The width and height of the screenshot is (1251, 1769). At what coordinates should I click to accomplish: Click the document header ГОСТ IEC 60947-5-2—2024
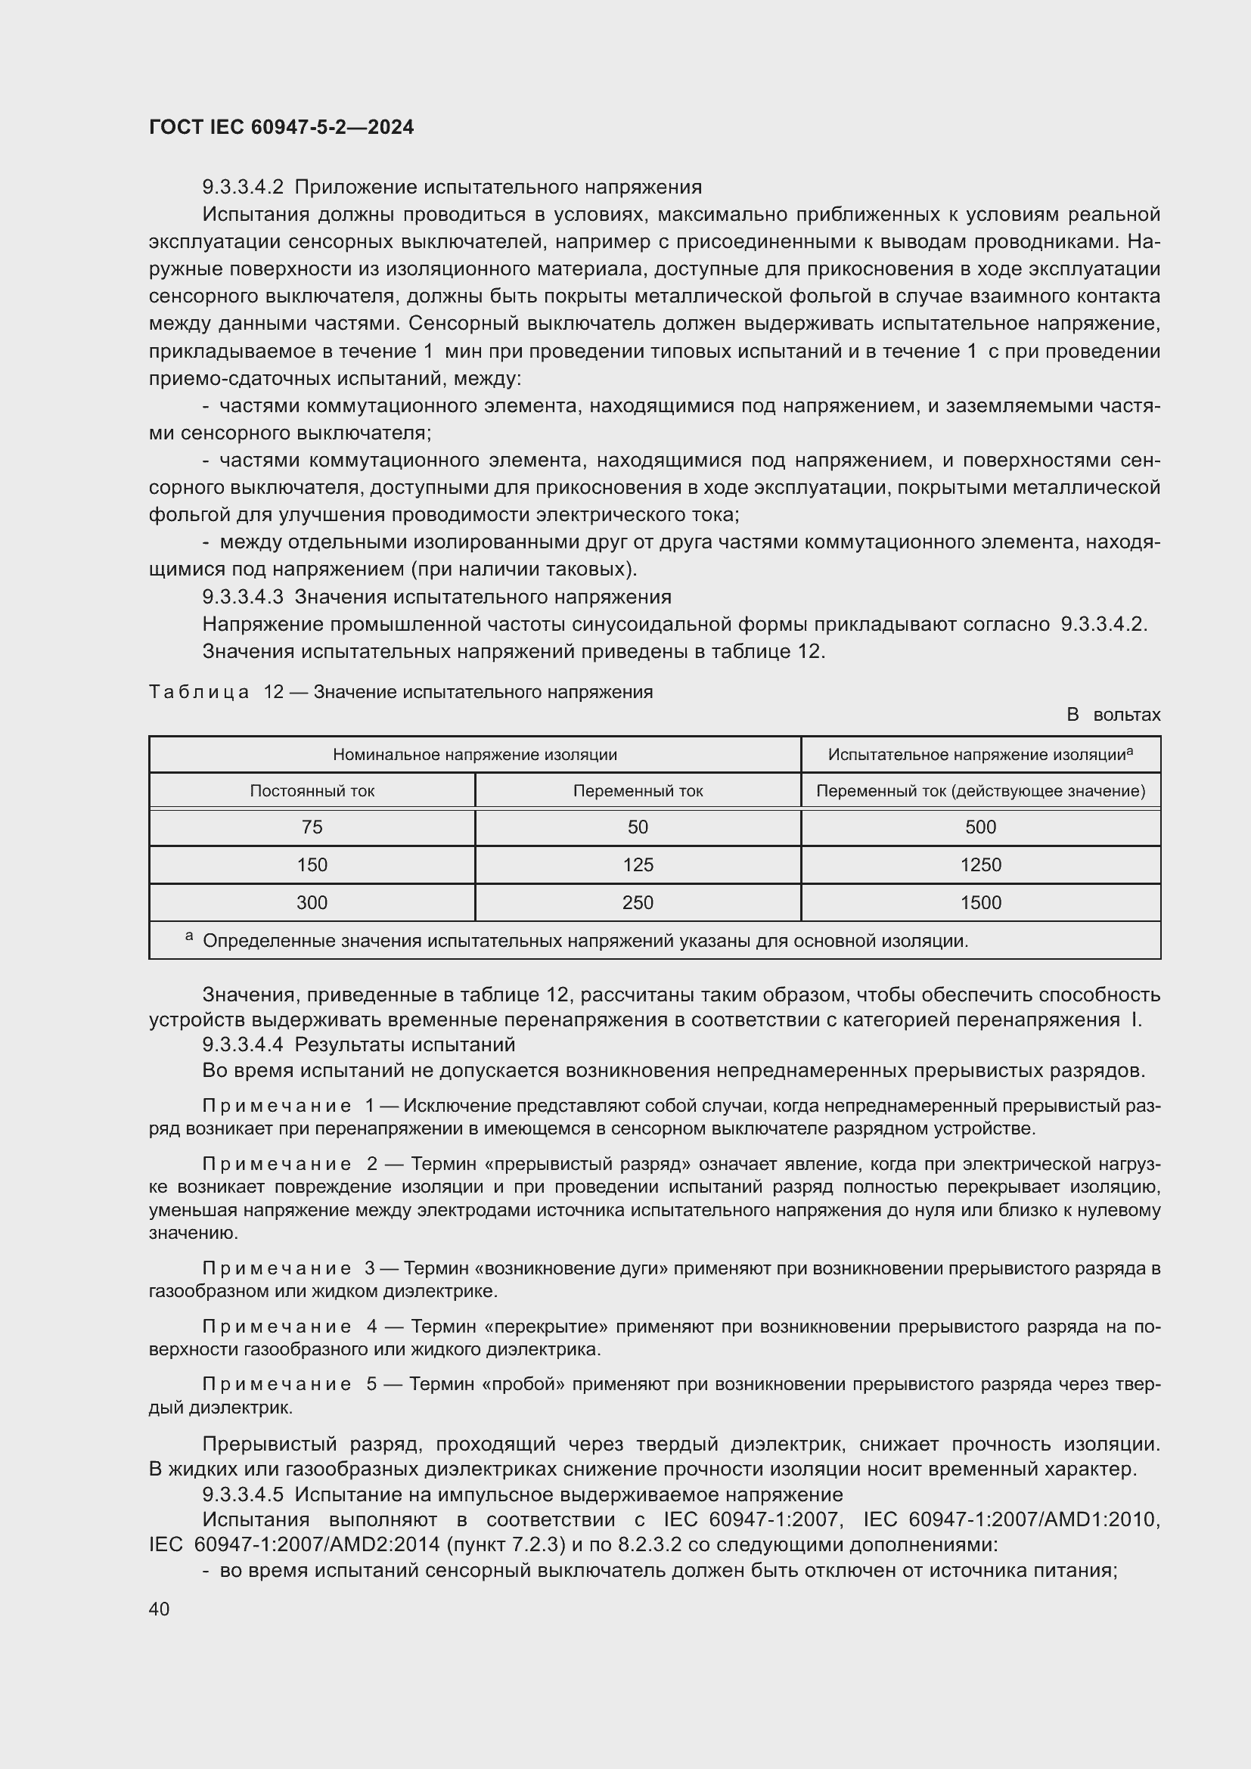tap(281, 127)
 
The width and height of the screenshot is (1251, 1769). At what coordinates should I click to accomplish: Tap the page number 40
tap(160, 1609)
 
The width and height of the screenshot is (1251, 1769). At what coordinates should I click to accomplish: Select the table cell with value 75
tap(312, 827)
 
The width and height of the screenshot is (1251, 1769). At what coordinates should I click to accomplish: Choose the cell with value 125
tap(637, 864)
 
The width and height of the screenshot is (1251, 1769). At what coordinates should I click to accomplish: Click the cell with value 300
tap(312, 902)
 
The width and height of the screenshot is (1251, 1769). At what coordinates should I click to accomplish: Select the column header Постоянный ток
tap(312, 790)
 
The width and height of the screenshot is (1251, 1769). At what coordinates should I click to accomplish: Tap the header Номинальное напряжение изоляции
tap(474, 754)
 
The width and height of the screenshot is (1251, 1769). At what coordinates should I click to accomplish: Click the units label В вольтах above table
tap(1113, 715)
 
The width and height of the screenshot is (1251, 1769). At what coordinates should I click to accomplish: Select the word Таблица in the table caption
tap(199, 692)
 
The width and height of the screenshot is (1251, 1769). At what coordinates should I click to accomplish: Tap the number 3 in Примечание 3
tap(370, 1268)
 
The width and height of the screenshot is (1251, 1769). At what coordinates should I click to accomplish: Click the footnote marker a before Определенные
tap(189, 936)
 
